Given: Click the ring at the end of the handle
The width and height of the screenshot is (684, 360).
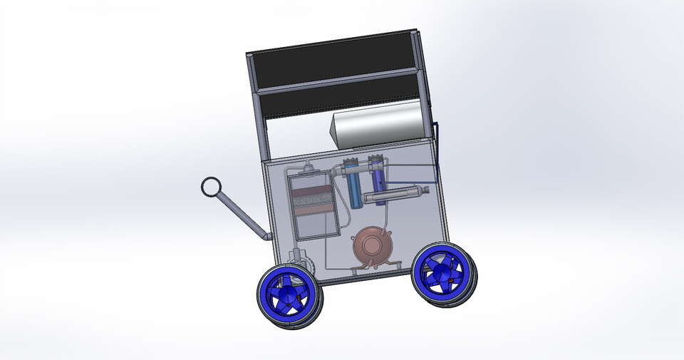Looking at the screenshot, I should point(212,187).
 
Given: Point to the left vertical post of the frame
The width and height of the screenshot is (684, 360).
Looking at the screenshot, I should point(257,107).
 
